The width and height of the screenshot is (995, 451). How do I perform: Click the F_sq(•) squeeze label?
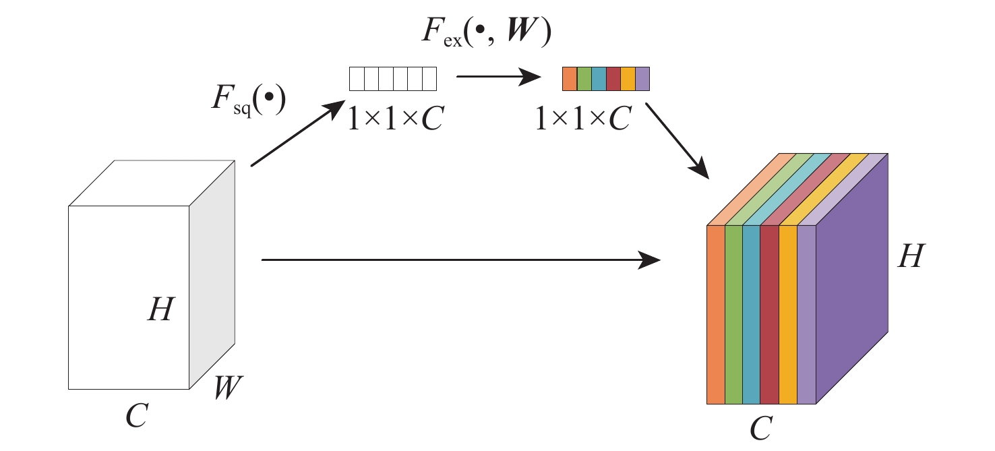pos(247,100)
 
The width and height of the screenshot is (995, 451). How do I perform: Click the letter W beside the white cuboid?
pos(228,388)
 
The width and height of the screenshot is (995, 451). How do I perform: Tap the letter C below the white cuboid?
pos(137,415)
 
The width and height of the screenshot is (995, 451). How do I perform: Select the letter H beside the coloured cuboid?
pos(910,257)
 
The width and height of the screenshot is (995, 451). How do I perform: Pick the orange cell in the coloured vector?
pos(570,79)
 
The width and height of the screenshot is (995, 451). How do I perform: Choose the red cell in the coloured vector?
pos(613,79)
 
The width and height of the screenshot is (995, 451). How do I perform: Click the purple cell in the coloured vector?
pos(642,79)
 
